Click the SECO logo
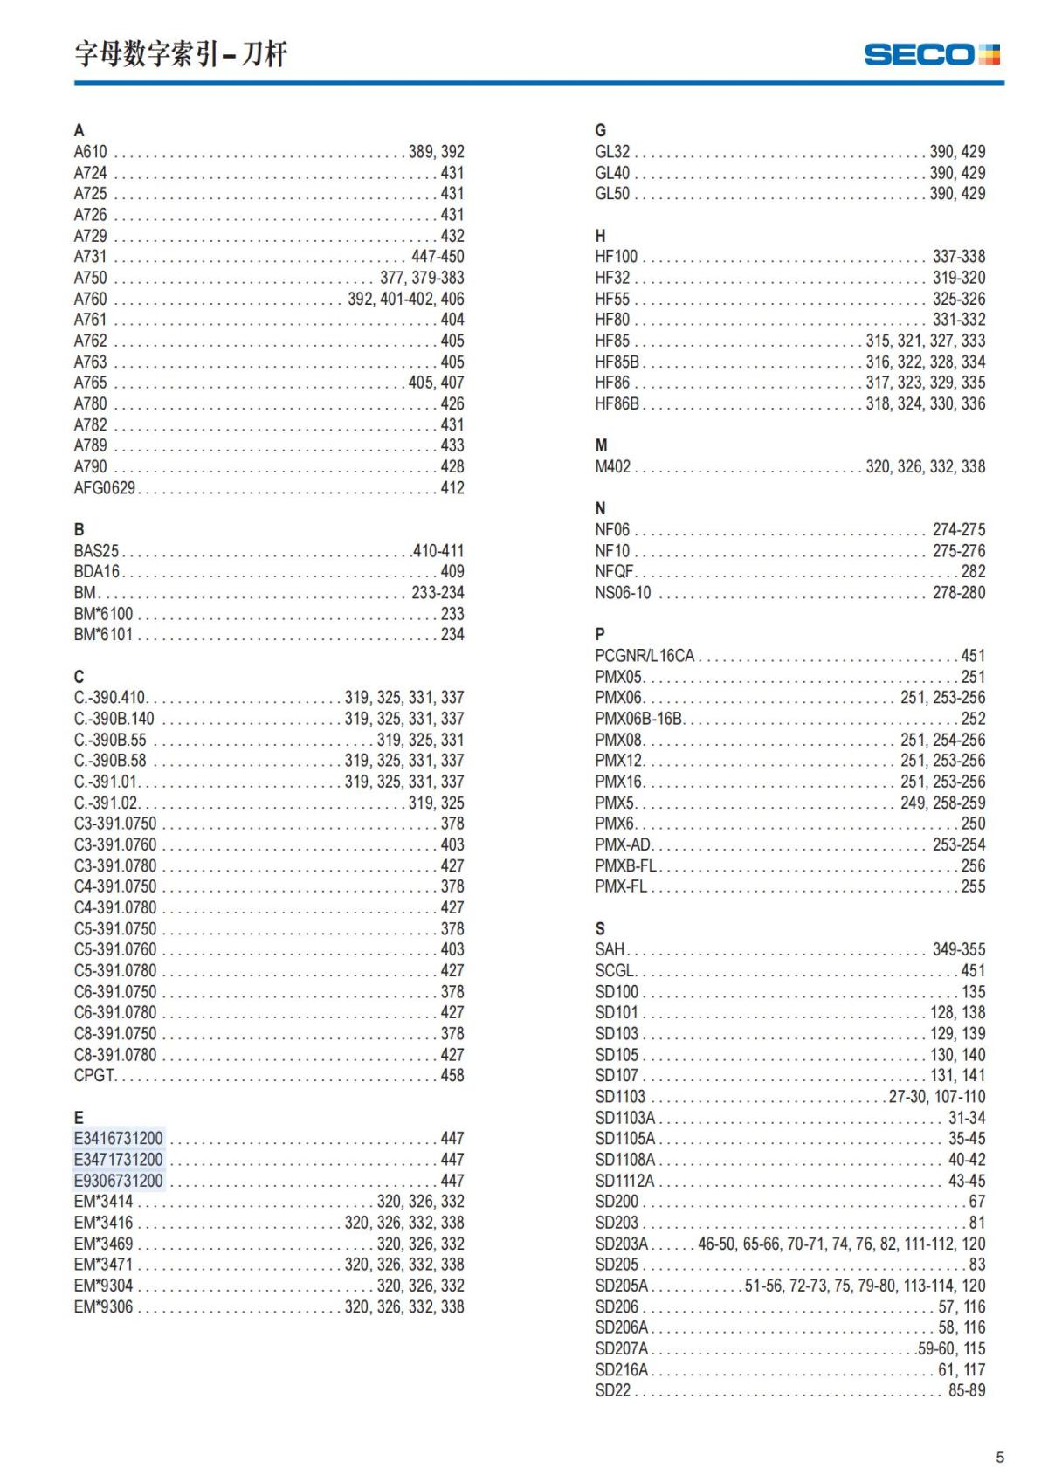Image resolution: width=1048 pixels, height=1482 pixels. coord(931,54)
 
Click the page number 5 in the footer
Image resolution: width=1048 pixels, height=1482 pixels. coord(1000,1457)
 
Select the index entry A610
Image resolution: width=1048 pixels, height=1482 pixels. coord(90,152)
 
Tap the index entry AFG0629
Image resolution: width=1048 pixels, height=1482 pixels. coord(105,488)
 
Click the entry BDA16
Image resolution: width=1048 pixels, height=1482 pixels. coord(96,572)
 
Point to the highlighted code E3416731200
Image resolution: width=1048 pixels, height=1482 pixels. coord(118,1139)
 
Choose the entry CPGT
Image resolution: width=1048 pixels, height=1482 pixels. coord(94,1076)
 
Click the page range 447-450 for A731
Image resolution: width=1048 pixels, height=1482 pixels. coord(438,257)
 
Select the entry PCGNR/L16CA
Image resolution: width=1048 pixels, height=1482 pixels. coord(645,656)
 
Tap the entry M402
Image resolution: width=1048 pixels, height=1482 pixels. coord(612,467)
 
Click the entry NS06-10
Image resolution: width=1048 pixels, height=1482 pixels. coord(624,593)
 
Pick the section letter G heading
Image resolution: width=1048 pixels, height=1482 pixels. coord(600,131)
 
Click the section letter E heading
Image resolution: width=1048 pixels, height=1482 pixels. coord(79,1118)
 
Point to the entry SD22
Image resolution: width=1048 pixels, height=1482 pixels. coord(612,1391)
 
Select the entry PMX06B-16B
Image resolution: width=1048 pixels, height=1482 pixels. coord(638,719)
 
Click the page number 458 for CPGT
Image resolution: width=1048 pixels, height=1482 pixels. coord(452,1076)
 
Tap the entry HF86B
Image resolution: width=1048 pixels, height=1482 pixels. coord(617,404)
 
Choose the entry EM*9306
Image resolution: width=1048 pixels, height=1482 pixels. coord(103,1307)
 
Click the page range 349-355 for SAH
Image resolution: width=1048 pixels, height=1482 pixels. coord(958,949)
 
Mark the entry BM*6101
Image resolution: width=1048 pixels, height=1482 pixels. coord(103,635)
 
